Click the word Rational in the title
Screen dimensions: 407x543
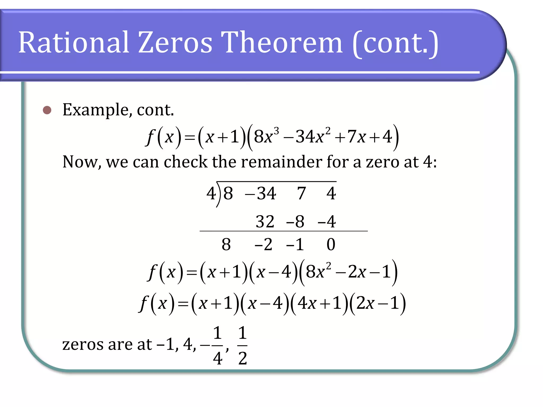coord(74,42)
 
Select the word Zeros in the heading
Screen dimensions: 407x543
coord(175,42)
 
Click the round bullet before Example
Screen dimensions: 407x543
coord(47,110)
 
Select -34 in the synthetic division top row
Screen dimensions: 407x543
coord(261,193)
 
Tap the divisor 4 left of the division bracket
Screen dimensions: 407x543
coord(211,193)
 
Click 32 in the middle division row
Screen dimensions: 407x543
coord(265,222)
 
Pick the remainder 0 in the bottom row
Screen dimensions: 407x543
coord(331,244)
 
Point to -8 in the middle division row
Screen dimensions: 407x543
coord(295,222)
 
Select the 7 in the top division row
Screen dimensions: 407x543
coord(301,193)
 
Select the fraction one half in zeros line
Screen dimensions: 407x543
coord(242,346)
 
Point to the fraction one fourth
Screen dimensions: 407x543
coord(217,346)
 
